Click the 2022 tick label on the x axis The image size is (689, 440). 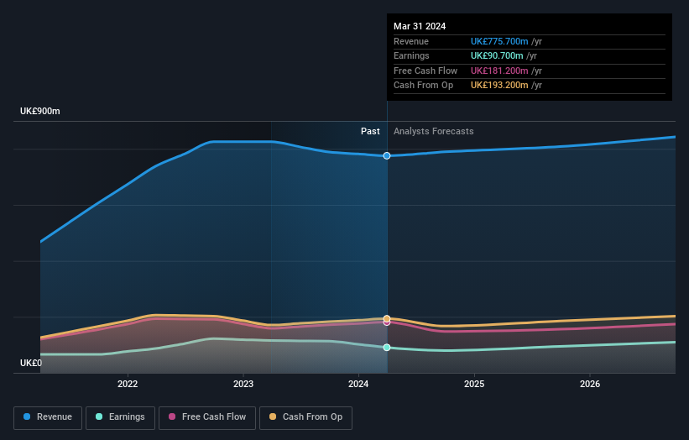[x=128, y=385]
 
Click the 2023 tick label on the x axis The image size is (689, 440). [x=243, y=385]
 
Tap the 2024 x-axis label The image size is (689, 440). [x=358, y=385]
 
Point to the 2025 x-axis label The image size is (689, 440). [x=474, y=385]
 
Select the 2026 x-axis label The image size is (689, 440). [x=590, y=385]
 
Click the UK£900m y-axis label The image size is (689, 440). [x=40, y=112]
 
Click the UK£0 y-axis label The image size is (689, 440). [x=31, y=364]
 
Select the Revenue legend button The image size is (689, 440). [x=49, y=417]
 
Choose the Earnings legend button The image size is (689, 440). [x=120, y=417]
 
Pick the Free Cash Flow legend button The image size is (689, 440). [x=206, y=417]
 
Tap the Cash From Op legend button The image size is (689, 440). [x=305, y=417]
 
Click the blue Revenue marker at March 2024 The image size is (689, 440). [x=387, y=155]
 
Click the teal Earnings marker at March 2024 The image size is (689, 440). [x=387, y=347]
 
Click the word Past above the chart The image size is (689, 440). [x=370, y=132]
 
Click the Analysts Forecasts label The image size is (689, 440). [x=433, y=132]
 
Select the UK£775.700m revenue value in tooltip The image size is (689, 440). [x=499, y=42]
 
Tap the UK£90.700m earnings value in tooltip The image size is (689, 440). [x=497, y=56]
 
